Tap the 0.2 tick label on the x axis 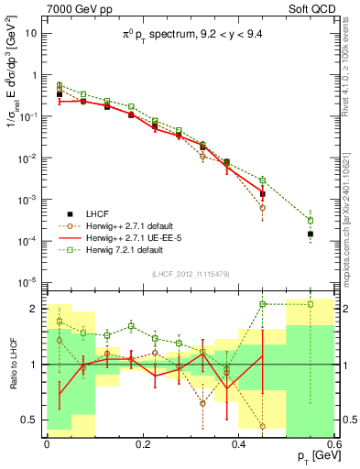coord(143,442)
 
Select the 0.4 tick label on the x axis coord(239,442)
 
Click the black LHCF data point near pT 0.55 coord(311,234)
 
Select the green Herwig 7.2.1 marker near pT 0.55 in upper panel coord(311,220)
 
